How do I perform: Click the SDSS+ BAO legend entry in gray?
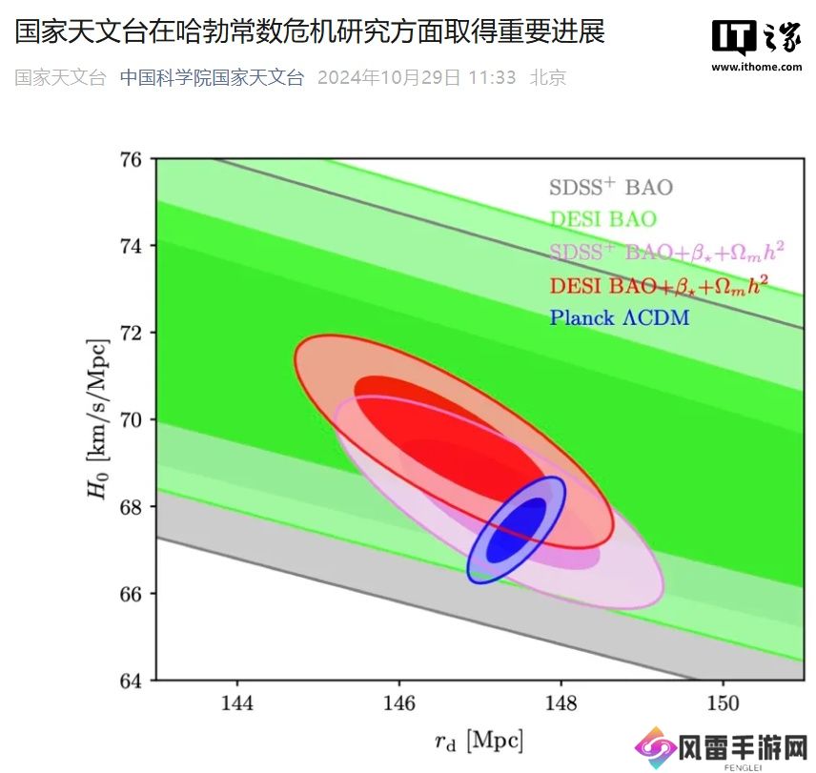pyautogui.click(x=611, y=187)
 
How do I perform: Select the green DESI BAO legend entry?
pyautogui.click(x=602, y=220)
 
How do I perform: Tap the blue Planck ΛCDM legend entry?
pyautogui.click(x=619, y=317)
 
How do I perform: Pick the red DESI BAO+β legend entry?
pyautogui.click(x=659, y=284)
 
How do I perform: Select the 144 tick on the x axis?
pyautogui.click(x=236, y=703)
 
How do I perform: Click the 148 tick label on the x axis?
pyautogui.click(x=561, y=703)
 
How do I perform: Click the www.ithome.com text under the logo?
pyautogui.click(x=756, y=67)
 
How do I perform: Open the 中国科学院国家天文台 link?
pyautogui.click(x=212, y=77)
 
